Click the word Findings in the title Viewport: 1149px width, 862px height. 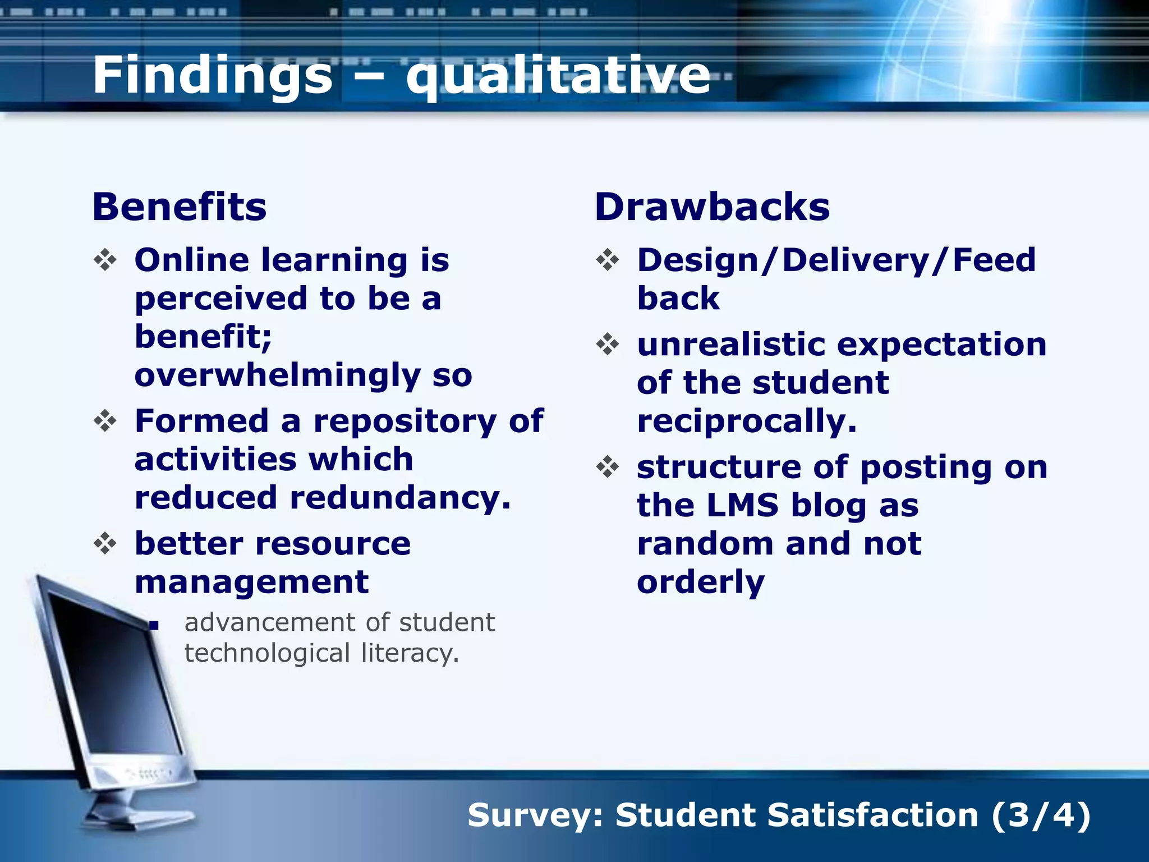[212, 76]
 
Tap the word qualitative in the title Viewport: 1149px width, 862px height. [558, 76]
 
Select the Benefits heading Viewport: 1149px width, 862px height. [180, 207]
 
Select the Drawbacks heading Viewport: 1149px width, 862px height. [712, 207]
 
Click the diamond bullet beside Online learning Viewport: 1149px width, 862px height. [105, 260]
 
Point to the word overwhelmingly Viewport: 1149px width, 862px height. [277, 375]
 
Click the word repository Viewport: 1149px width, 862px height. [405, 421]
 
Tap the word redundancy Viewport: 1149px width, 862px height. [399, 497]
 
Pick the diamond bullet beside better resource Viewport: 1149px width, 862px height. [105, 543]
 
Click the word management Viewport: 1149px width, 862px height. [251, 581]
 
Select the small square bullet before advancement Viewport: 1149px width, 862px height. [155, 625]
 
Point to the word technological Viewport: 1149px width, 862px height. [267, 653]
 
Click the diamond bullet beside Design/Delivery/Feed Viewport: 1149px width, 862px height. [608, 260]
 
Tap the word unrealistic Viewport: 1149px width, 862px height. [731, 344]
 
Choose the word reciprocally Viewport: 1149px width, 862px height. [746, 421]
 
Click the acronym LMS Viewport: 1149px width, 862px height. [742, 505]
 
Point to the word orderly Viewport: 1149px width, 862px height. [700, 581]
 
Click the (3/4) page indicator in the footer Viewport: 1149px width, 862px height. [1041, 815]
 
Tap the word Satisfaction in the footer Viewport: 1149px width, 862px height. [872, 815]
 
